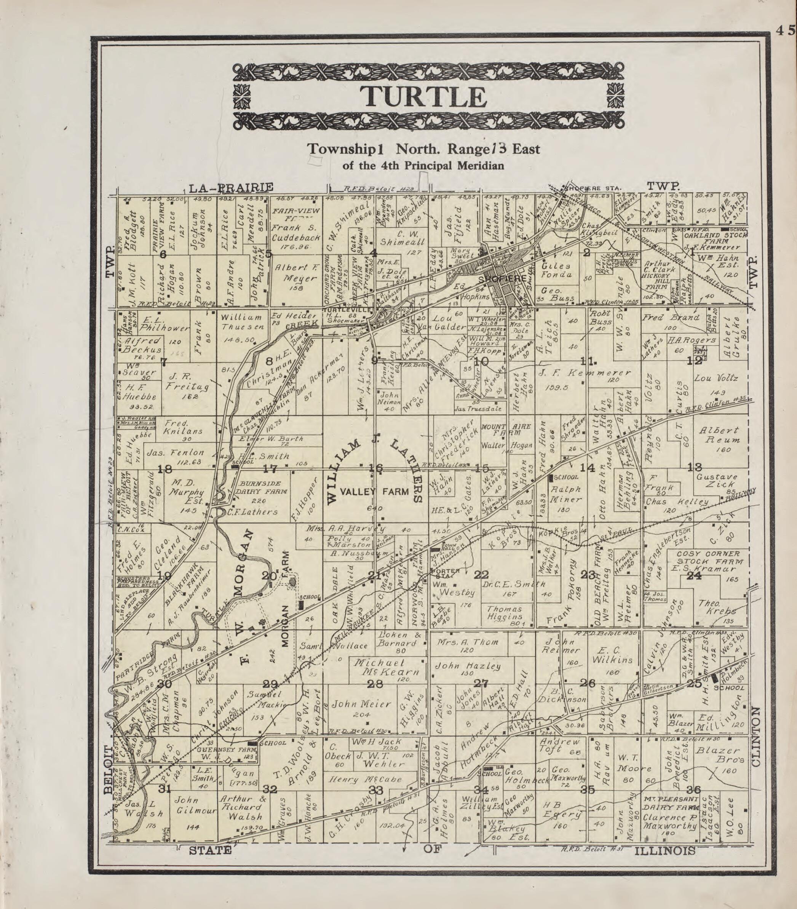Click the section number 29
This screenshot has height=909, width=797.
(270, 684)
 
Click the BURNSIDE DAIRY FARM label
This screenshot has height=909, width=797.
(263, 491)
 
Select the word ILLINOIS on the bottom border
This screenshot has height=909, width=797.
(665, 850)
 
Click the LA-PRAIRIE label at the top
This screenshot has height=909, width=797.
(231, 188)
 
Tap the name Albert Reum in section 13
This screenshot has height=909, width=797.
(719, 435)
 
